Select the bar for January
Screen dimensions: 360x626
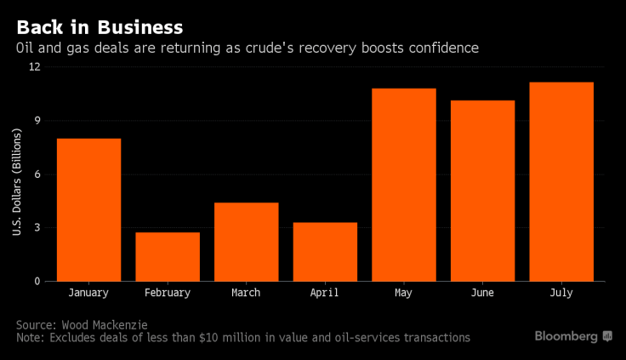[88, 209]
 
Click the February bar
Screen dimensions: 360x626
[168, 256]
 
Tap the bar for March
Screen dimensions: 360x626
[246, 242]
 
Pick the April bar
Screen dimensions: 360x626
[325, 251]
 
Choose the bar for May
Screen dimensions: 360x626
[404, 185]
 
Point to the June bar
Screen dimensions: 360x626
[482, 191]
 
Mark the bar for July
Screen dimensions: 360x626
[561, 181]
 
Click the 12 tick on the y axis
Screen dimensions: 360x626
[35, 68]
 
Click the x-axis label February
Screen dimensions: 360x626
[168, 293]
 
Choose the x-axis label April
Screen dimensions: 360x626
[325, 293]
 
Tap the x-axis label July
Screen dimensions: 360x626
[561, 293]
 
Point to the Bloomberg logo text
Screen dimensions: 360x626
[566, 336]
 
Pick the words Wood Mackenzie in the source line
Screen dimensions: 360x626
[106, 324]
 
